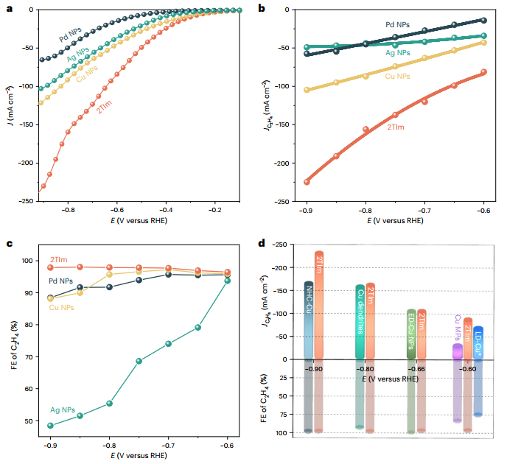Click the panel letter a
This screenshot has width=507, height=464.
(x=10, y=8)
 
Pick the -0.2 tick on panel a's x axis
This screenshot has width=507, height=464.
(x=216, y=209)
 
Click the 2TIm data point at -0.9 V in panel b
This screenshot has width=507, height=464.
(x=307, y=181)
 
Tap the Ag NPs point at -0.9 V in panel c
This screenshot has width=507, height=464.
(x=50, y=425)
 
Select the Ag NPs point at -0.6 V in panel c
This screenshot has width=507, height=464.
(x=227, y=281)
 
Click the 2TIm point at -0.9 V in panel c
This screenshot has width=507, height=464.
(x=50, y=267)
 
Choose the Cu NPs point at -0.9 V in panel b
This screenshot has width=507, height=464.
(x=307, y=90)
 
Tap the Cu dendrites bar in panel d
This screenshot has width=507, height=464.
(x=360, y=322)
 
